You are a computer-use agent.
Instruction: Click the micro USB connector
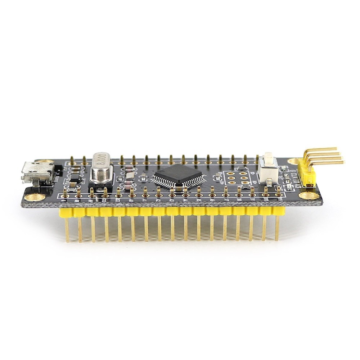pos(37,172)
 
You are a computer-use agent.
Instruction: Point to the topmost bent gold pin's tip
pos(335,149)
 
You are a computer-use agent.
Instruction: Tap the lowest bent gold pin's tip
pos(342,162)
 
